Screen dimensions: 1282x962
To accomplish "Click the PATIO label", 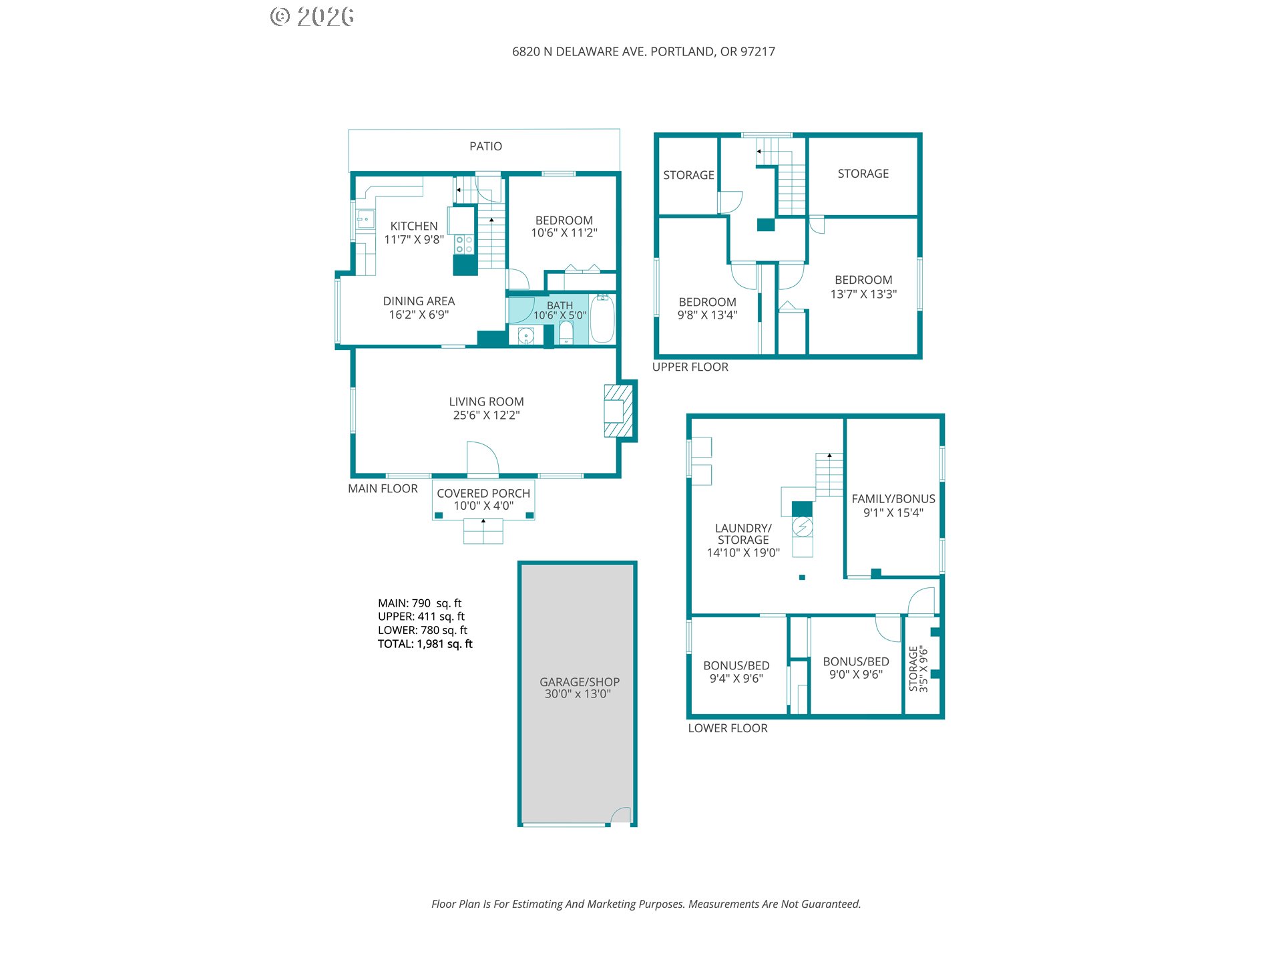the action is tap(485, 146).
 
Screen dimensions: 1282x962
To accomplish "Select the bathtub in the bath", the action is tap(602, 319).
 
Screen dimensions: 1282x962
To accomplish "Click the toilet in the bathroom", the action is tap(566, 332).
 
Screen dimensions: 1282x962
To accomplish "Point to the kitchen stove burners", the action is tap(464, 245).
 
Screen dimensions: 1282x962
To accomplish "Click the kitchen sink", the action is tap(365, 219).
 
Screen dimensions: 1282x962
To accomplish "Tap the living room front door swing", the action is tap(483, 457).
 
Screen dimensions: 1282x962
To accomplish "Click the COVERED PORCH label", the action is tap(483, 493).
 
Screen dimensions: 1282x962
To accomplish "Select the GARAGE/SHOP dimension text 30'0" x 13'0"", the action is tap(578, 694).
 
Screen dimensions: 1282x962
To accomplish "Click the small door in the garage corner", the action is tap(621, 815).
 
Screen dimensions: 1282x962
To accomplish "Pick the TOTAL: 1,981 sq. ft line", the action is tap(425, 644).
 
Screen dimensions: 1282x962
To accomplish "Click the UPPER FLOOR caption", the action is tap(690, 367).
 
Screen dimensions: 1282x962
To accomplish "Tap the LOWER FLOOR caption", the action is tap(728, 728).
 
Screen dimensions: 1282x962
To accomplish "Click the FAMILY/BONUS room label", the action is tap(893, 499).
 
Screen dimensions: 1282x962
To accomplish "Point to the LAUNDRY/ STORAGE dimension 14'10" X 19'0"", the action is tap(743, 552).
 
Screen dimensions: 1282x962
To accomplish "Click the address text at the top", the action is tap(644, 51).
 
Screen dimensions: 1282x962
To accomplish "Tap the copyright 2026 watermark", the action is tap(312, 17).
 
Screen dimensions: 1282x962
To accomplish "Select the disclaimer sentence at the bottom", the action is tap(646, 904).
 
